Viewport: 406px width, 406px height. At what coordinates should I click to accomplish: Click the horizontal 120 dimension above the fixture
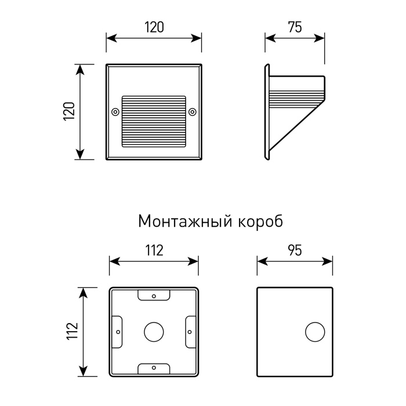[154, 27]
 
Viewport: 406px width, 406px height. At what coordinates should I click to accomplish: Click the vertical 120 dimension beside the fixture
[69, 111]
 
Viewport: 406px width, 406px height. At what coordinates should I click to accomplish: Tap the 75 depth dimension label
[295, 27]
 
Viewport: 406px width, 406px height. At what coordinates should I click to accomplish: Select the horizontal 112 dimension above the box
[154, 251]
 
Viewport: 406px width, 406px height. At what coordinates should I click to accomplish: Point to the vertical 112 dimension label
[72, 331]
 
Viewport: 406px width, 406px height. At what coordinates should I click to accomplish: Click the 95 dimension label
[295, 251]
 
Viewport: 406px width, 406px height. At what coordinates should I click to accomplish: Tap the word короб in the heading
[260, 222]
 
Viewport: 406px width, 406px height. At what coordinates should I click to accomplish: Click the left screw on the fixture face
[115, 112]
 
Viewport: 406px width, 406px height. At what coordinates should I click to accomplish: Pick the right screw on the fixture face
[192, 112]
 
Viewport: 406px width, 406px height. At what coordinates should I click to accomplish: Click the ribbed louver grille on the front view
[154, 121]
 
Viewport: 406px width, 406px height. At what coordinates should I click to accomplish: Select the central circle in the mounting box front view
[154, 332]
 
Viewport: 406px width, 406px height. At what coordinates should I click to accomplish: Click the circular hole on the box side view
[315, 332]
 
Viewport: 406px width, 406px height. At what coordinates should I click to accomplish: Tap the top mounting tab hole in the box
[154, 296]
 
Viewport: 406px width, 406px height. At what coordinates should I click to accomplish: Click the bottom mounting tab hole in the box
[154, 367]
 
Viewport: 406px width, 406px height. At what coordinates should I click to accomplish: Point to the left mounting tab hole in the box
[118, 332]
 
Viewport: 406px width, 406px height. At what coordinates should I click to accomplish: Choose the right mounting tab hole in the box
[190, 332]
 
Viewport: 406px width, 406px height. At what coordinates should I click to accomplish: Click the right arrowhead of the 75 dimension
[319, 38]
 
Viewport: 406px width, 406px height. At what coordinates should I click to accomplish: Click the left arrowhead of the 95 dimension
[263, 262]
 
